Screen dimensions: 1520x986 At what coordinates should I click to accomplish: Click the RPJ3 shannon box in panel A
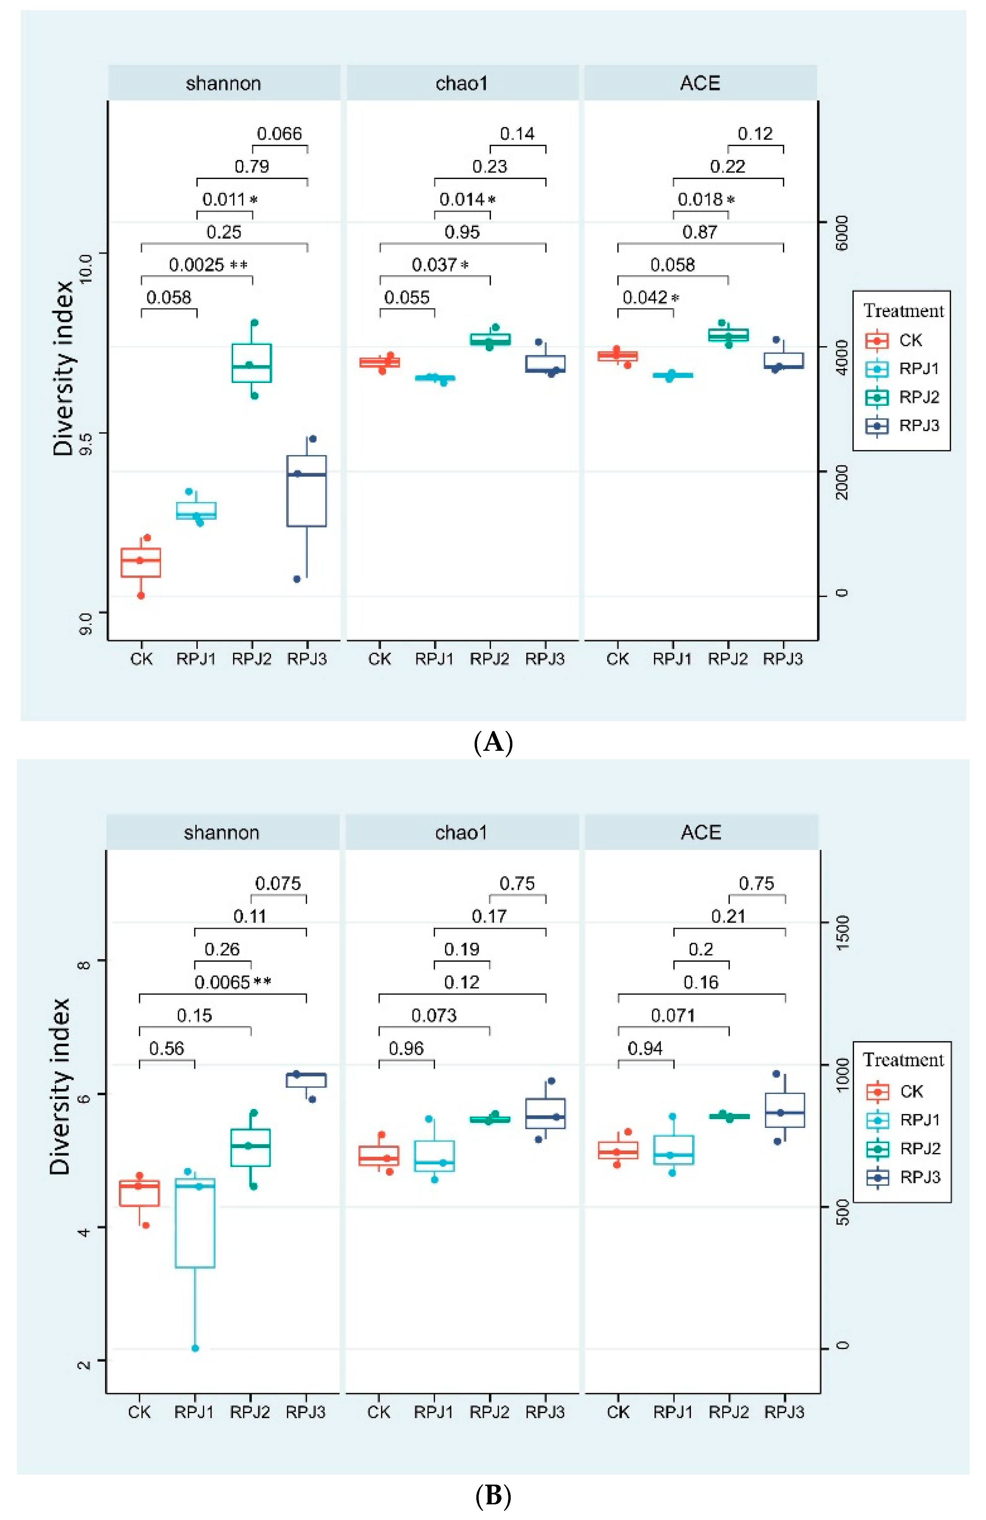(x=307, y=490)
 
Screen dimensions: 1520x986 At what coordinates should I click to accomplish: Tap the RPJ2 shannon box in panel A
(x=252, y=363)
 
